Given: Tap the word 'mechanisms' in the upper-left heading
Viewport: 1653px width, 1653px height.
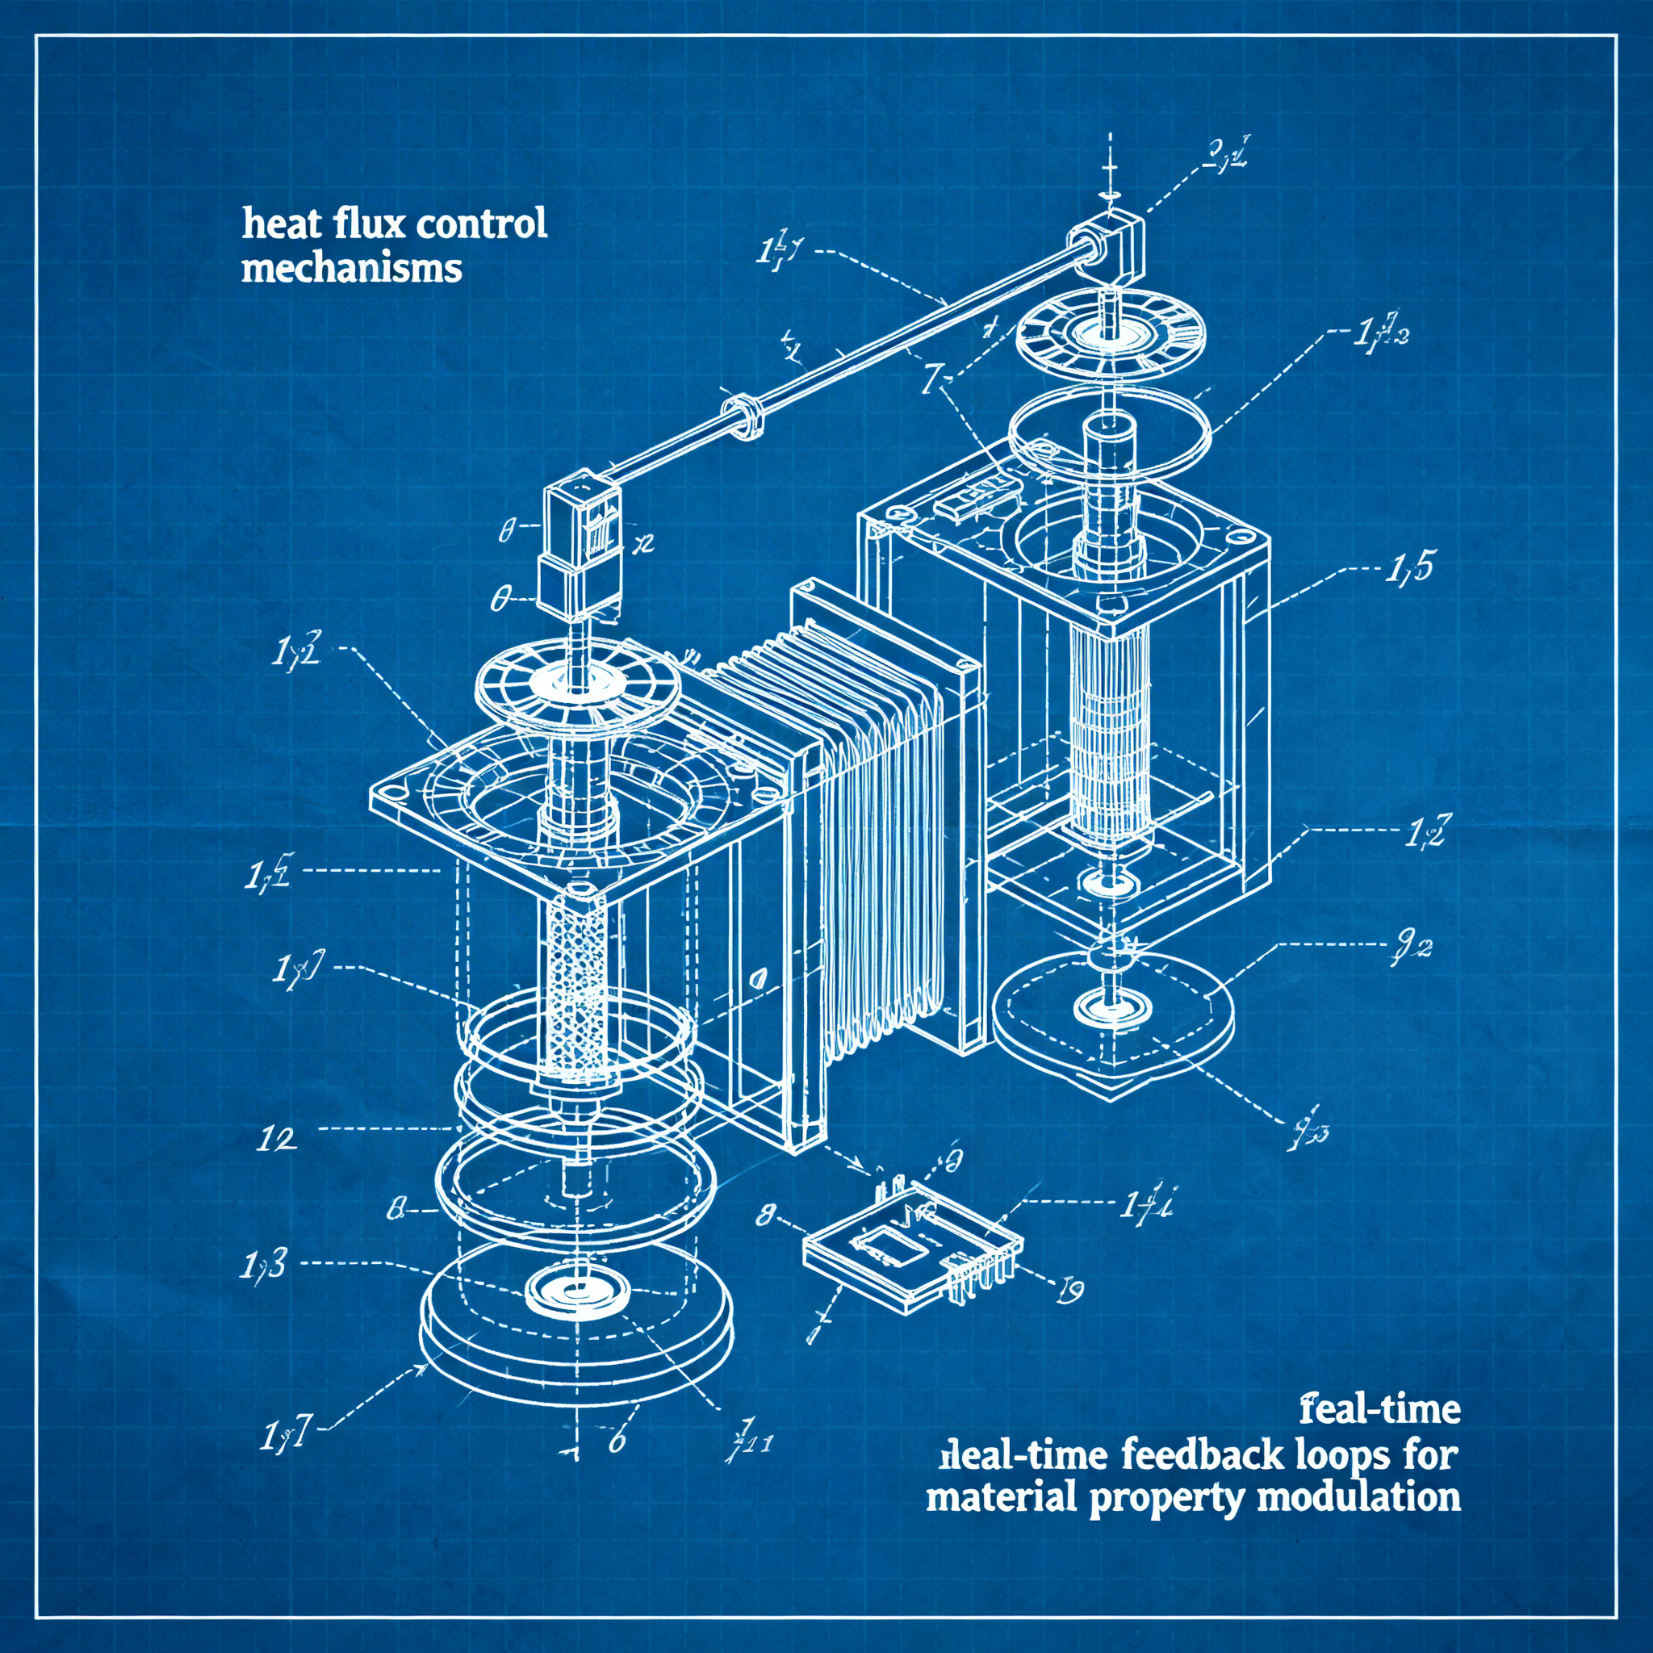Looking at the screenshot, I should pos(352,270).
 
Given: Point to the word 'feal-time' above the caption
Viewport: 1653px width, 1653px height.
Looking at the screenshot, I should pos(1379,1409).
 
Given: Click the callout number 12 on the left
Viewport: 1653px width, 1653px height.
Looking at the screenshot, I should pos(276,1139).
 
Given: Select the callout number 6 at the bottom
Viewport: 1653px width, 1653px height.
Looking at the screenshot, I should pos(617,1441).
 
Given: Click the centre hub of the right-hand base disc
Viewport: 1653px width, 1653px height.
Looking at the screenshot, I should pos(1110,1007).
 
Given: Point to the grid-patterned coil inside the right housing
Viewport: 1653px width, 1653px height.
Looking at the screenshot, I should pos(1110,753).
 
